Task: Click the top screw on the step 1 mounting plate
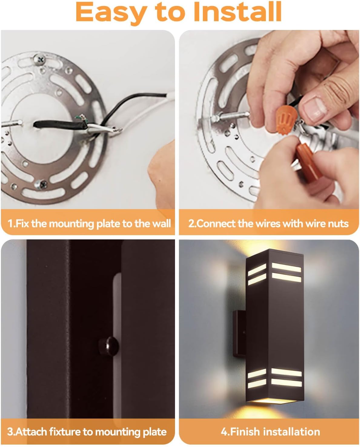click(x=40, y=60)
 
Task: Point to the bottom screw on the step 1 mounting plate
click(x=41, y=184)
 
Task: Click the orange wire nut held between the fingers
click(x=285, y=120)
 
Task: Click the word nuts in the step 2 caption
click(x=338, y=223)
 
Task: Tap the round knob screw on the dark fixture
click(x=108, y=346)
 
